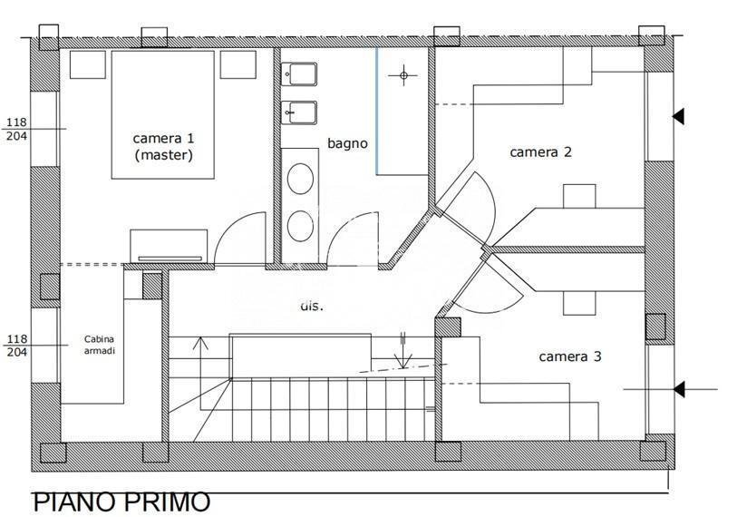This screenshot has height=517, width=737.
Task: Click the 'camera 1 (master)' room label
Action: point(163,147)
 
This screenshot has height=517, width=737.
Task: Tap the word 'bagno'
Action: point(347,143)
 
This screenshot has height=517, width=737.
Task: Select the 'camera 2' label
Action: point(540,152)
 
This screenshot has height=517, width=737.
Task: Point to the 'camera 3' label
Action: point(569,356)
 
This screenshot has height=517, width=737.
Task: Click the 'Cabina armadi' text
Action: point(100,345)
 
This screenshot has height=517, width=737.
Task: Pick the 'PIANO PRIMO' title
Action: point(121,502)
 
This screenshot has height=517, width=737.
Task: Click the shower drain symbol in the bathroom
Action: point(403,74)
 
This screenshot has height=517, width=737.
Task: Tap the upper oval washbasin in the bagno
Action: point(300,179)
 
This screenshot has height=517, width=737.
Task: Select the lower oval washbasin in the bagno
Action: point(300,226)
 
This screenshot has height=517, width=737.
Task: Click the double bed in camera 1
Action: point(163,114)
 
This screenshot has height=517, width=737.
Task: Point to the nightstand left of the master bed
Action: point(88,64)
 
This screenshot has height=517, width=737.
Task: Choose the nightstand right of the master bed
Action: point(238,64)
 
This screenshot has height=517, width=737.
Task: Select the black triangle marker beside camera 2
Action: point(678,116)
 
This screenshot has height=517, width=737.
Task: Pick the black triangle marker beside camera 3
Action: point(678,389)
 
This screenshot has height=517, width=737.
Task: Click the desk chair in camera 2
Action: point(579,196)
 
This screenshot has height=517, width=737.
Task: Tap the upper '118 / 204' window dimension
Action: point(17,129)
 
